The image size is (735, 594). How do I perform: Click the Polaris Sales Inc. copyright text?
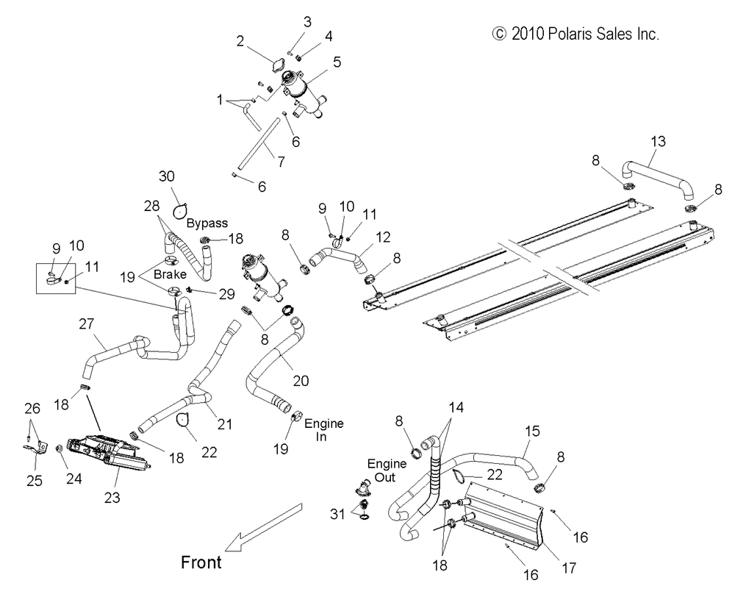[x=576, y=34]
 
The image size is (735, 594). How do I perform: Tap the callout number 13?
[x=658, y=141]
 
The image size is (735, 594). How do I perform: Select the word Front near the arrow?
[x=201, y=562]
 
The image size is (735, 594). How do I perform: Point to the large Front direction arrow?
[x=263, y=527]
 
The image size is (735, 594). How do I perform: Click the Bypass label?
[x=207, y=223]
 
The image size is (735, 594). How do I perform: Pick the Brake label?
[x=170, y=273]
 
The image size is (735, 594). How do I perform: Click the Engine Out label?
[x=387, y=470]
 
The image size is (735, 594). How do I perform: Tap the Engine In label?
[x=324, y=430]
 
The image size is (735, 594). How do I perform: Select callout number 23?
[x=112, y=498]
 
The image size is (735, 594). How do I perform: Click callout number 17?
[x=569, y=568]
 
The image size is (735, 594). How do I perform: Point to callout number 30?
[x=166, y=176]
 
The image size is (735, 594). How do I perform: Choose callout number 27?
[x=86, y=323]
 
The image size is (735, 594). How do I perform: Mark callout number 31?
[x=337, y=514]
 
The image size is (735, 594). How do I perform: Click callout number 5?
[x=337, y=62]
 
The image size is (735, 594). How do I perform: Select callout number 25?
[x=35, y=481]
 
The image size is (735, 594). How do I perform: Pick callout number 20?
[x=301, y=380]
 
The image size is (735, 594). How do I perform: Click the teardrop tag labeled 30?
[x=180, y=212]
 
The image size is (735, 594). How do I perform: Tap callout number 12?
[x=383, y=237]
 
